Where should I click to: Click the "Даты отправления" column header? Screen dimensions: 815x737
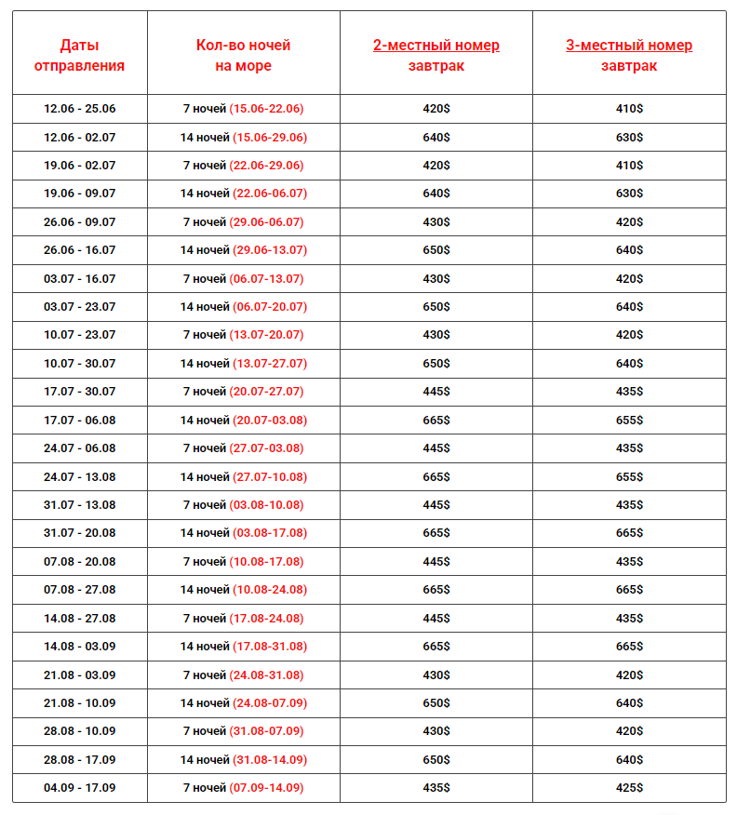point(79,55)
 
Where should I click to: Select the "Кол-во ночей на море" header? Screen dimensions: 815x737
point(243,55)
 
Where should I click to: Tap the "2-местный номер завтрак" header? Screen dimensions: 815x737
point(435,55)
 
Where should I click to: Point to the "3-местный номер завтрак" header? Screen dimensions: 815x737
point(629,55)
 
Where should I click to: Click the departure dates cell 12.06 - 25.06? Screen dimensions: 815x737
point(79,109)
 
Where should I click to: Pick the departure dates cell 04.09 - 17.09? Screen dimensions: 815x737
point(79,788)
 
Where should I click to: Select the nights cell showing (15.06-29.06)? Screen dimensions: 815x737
point(243,138)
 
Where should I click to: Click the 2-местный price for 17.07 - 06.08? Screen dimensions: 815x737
point(435,421)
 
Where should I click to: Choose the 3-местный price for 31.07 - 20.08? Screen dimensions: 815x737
point(629,533)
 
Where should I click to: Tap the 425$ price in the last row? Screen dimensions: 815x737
point(629,788)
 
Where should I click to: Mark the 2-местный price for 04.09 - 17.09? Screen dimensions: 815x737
point(435,788)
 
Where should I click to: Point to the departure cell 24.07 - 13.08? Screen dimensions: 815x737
point(79,477)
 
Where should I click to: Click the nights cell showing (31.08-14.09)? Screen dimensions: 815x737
point(243,760)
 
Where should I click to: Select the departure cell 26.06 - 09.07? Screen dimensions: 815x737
point(79,222)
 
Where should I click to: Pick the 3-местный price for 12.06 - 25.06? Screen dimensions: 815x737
point(629,109)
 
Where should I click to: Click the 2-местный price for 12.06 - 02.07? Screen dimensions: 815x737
point(435,138)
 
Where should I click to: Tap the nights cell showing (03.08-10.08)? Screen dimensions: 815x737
point(243,505)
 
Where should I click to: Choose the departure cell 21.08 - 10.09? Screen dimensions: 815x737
point(79,703)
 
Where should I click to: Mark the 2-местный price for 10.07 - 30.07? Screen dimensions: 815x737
point(435,364)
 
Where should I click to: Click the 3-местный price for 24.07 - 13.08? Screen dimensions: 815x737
point(629,477)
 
